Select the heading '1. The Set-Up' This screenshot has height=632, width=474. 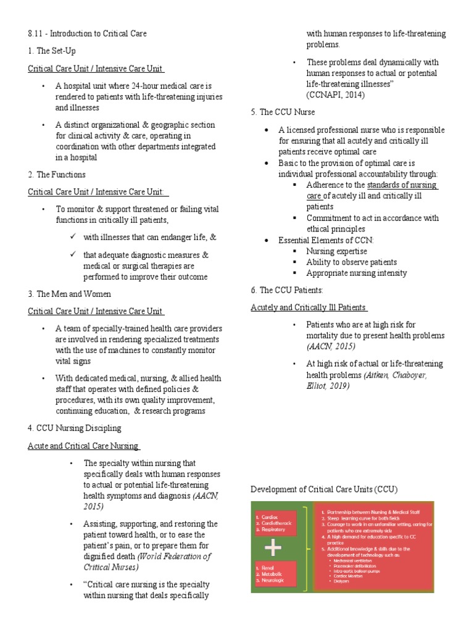click(x=52, y=51)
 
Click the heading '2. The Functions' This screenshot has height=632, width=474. click(x=57, y=175)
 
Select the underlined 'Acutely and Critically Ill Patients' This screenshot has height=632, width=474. click(x=309, y=307)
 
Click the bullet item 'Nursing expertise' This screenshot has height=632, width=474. click(x=336, y=251)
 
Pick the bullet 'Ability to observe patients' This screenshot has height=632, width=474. click(x=351, y=262)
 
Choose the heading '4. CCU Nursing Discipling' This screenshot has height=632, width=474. click(x=75, y=428)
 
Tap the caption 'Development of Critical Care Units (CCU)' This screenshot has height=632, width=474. click(x=324, y=489)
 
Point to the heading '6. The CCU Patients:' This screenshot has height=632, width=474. click(x=287, y=289)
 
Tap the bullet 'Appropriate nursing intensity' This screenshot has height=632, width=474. click(x=356, y=273)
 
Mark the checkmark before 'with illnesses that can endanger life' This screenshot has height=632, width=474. click(x=73, y=236)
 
